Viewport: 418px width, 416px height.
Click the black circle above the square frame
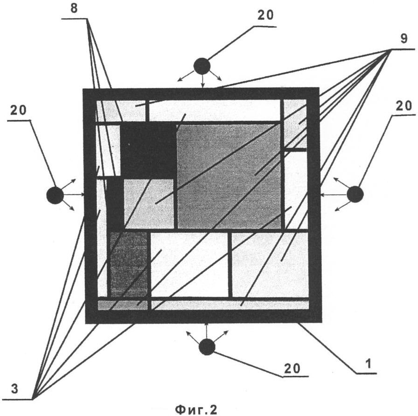pos(202,66)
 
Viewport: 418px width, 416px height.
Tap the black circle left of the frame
pos(55,195)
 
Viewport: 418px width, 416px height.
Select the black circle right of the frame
pos(355,194)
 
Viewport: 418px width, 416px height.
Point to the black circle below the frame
pos(207,347)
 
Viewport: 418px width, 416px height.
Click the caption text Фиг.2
pos(196,409)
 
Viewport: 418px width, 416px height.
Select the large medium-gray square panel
pos(229,176)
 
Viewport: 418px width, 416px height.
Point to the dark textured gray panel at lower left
pos(129,263)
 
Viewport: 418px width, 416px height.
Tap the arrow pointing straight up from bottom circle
pos(207,330)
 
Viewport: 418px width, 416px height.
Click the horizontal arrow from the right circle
pos(333,194)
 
